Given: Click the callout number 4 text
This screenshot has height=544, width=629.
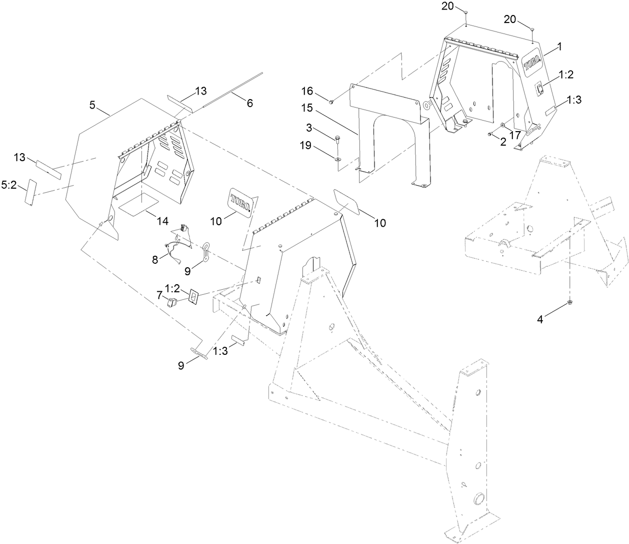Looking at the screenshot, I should pyautogui.click(x=540, y=319).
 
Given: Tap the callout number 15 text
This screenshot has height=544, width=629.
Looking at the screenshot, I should pyautogui.click(x=307, y=108).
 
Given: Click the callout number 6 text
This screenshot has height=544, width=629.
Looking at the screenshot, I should pyautogui.click(x=249, y=103).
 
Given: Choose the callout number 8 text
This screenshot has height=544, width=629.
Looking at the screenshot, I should pyautogui.click(x=154, y=259).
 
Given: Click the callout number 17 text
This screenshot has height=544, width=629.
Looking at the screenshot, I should pyautogui.click(x=514, y=135).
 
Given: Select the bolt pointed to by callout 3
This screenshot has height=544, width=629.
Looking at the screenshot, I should pyautogui.click(x=338, y=138).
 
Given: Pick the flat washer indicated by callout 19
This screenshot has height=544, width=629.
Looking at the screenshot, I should pyautogui.click(x=338, y=159).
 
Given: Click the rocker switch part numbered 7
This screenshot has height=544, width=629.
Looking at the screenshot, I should pyautogui.click(x=173, y=302).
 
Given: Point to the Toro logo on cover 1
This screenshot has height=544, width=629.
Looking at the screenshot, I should pyautogui.click(x=532, y=64).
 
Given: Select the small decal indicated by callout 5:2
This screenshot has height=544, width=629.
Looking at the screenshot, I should pyautogui.click(x=31, y=192).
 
